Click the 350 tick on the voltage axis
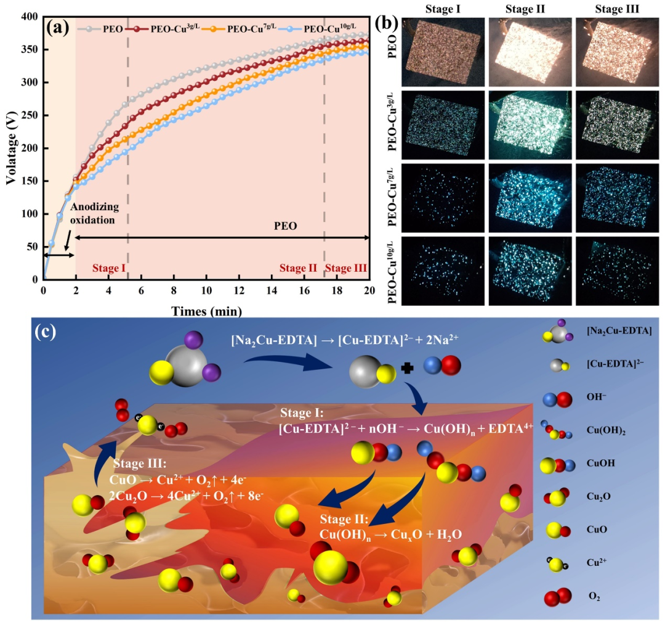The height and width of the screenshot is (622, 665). pos(32,49)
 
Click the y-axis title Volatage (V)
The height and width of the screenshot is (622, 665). pos(10,149)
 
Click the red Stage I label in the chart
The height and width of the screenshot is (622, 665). pos(109,268)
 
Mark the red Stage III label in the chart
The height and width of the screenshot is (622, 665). pos(346,268)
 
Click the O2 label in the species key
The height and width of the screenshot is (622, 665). pos(595,597)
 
